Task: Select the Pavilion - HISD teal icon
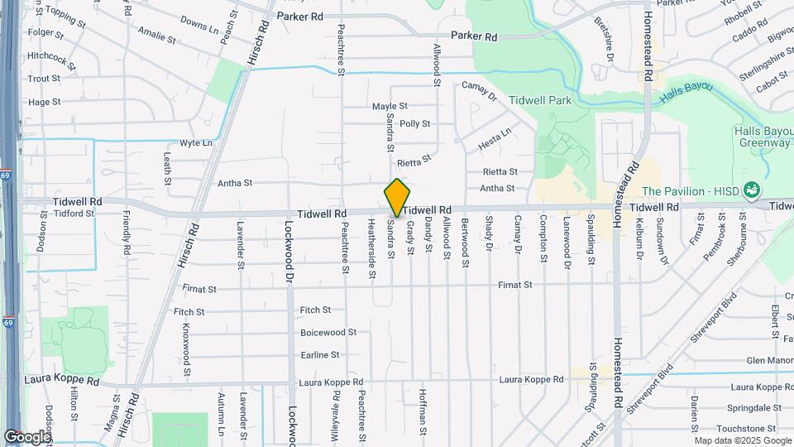[751, 190]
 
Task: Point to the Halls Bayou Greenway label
[762, 137]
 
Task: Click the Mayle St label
[390, 106]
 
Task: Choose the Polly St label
[414, 123]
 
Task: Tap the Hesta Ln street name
[495, 138]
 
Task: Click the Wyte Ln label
[196, 142]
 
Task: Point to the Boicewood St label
[328, 332]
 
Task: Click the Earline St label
[319, 354]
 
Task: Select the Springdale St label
[754, 408]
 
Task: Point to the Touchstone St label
[750, 428]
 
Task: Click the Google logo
[27, 436]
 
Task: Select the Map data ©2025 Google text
[742, 440]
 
